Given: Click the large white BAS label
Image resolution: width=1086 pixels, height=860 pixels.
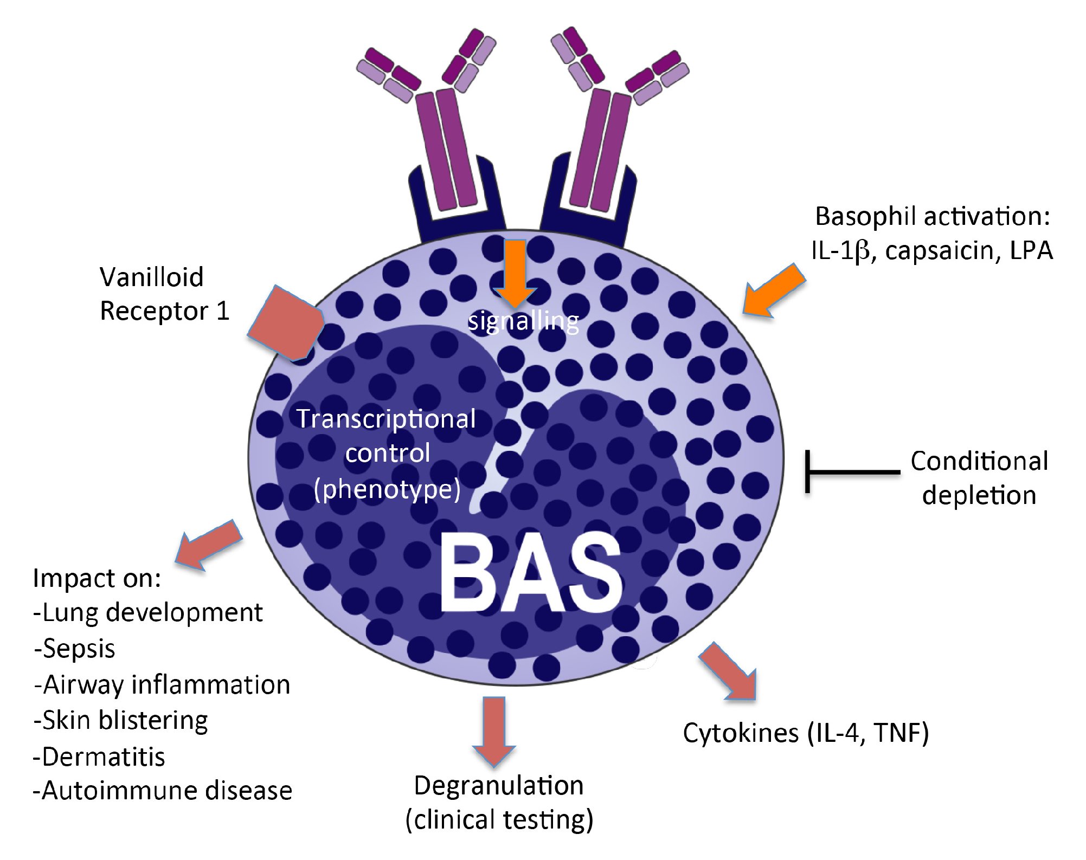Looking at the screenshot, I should point(530,573).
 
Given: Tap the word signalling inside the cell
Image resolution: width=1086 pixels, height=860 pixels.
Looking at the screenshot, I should point(523,321).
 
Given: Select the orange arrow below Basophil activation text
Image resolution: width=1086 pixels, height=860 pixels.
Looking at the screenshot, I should point(773,292).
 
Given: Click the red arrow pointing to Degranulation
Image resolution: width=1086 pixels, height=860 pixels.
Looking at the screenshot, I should point(493,729).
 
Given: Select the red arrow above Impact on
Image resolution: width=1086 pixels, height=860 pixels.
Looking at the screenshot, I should point(208,544).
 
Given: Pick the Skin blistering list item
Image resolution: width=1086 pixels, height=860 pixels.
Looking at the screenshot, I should point(120,721).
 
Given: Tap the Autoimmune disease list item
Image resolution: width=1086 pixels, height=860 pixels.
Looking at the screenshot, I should point(163,791).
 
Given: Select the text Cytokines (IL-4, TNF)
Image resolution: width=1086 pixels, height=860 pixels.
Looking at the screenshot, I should point(806,733).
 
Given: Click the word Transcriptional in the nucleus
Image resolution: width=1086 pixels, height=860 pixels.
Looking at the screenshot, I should point(386,419).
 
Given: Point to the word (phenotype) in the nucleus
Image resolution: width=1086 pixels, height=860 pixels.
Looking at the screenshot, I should point(387,489).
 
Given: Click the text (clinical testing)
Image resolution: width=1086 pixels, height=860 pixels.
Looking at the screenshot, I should point(499,820).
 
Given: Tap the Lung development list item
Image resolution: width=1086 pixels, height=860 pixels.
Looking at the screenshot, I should point(147,613).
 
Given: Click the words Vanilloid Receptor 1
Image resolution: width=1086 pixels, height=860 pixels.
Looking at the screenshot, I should point(164,294).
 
